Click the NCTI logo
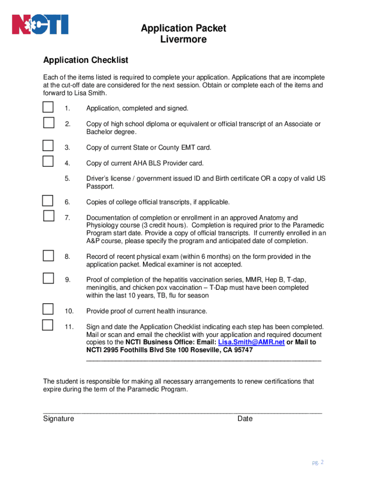(40, 25)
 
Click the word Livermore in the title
(183, 40)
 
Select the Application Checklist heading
(85, 60)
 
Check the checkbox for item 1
(48, 107)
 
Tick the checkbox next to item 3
(48, 145)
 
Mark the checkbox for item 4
(48, 161)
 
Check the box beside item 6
(48, 200)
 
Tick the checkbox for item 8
(48, 255)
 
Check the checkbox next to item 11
(48, 325)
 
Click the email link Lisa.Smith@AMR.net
(251, 342)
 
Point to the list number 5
(67, 179)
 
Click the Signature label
(58, 418)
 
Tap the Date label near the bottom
(245, 418)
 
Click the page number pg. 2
(318, 462)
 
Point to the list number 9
(67, 280)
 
